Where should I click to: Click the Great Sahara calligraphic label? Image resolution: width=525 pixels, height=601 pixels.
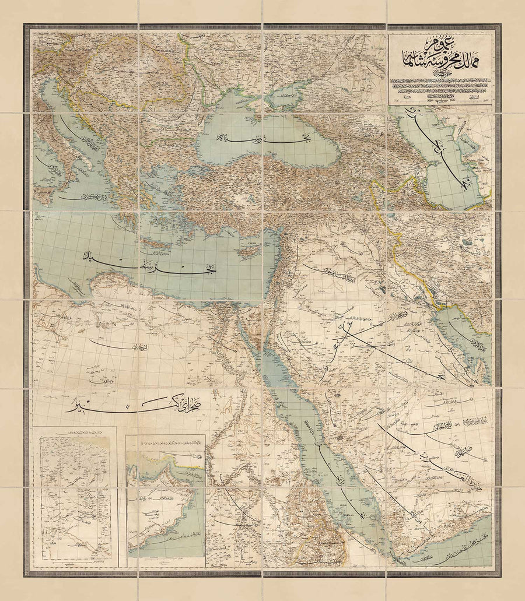(111, 407)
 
